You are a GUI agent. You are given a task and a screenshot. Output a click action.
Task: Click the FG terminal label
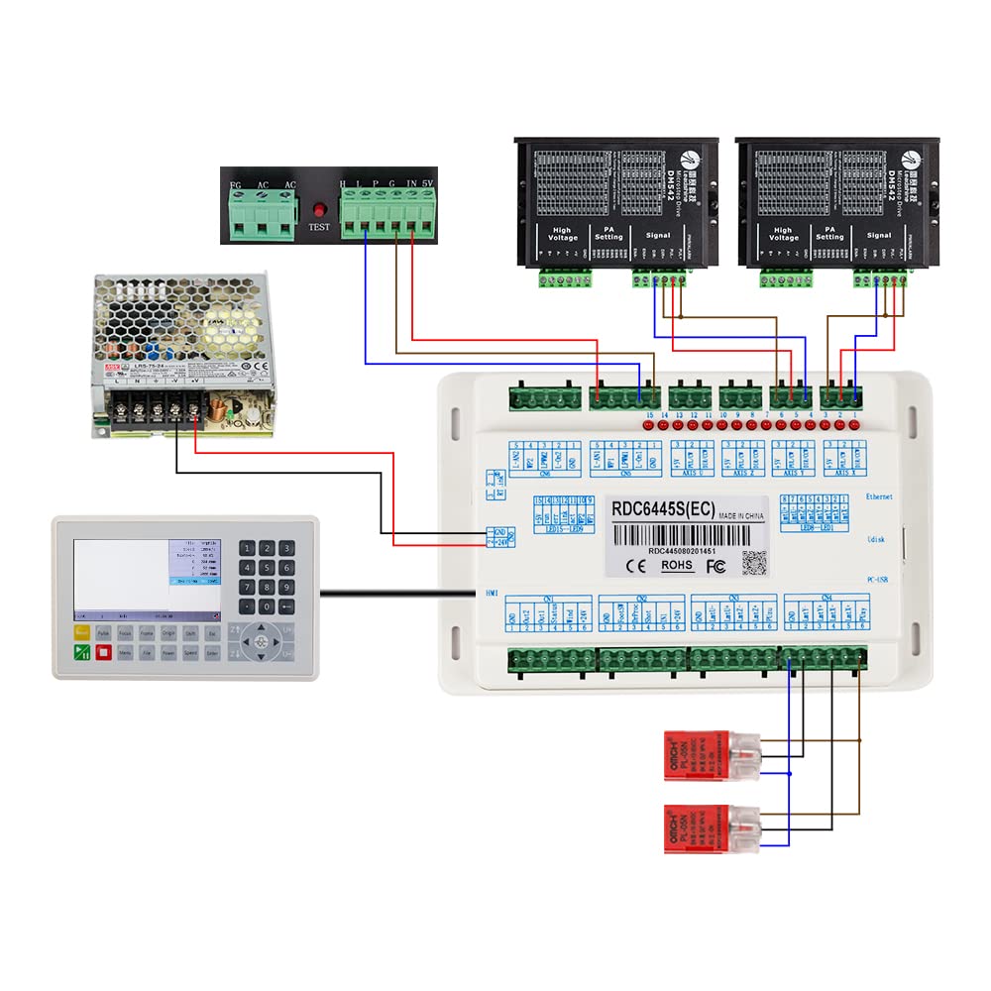pos(235,185)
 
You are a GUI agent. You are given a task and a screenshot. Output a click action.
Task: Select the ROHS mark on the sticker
pos(676,566)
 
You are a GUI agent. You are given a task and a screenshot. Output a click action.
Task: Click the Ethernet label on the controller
pos(879,495)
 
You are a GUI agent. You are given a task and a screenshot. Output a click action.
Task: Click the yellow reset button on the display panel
pos(81,630)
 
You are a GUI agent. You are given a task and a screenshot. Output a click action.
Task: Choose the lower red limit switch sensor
pos(702,827)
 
